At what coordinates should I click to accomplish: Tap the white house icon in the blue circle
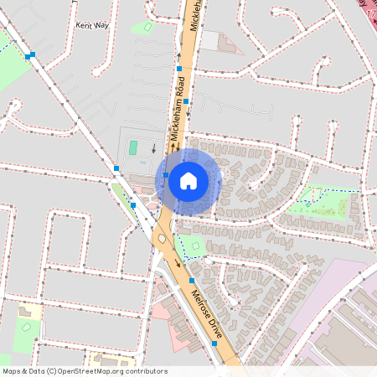point(188,180)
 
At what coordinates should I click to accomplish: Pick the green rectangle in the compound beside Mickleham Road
point(133,148)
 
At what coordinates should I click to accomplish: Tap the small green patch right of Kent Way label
point(147,27)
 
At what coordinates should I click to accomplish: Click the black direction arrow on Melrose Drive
point(178,264)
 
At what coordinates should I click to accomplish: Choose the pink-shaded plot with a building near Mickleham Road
point(221,42)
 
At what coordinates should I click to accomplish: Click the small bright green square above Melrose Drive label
point(195,248)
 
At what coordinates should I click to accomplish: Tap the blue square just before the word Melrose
point(192,280)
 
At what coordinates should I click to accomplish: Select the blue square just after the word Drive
point(215,343)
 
